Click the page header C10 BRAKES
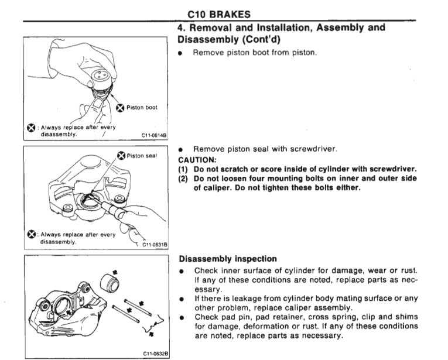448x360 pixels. click(x=219, y=14)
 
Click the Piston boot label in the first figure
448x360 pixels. click(x=142, y=107)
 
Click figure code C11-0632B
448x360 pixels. click(x=155, y=354)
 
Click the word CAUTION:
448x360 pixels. click(x=197, y=159)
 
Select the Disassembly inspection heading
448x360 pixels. click(x=228, y=259)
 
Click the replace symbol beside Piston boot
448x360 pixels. click(x=120, y=107)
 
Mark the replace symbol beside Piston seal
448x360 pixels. click(x=121, y=156)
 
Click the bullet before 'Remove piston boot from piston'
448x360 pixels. click(x=182, y=53)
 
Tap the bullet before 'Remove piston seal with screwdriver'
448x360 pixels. click(x=182, y=149)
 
